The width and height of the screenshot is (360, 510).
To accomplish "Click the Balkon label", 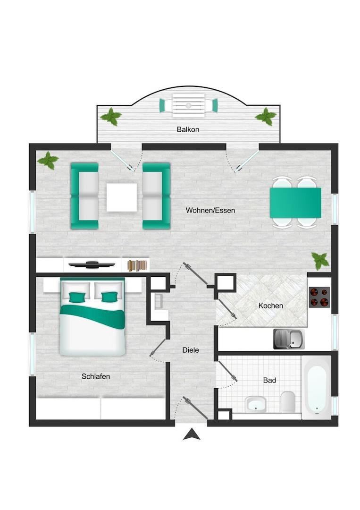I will [x=188, y=129].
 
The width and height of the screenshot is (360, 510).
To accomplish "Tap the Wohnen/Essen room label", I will [x=210, y=210].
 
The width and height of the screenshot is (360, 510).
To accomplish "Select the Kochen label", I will [x=271, y=306].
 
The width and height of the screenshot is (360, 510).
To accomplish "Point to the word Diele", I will [x=191, y=350].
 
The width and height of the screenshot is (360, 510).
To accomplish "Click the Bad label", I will [x=269, y=380].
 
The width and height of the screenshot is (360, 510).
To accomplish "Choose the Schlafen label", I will [x=96, y=376].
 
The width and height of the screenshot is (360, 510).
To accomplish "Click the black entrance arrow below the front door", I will [x=192, y=434].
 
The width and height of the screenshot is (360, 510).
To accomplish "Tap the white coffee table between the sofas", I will [x=122, y=197].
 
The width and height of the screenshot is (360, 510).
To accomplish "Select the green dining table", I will [x=295, y=203].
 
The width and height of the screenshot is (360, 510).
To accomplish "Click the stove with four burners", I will [x=319, y=297].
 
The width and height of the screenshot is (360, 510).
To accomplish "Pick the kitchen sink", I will [x=289, y=339].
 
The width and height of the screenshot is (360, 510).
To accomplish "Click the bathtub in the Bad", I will [x=316, y=387].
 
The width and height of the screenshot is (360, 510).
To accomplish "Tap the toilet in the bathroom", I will [x=288, y=402].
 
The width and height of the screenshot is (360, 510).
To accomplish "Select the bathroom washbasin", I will [x=256, y=404].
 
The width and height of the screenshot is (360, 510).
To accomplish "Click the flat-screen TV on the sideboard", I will [x=92, y=264].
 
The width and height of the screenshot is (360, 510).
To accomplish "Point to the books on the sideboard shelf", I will [x=137, y=265].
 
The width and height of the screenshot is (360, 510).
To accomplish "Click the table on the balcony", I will [x=188, y=105].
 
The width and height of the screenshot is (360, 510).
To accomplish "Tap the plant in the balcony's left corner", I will [x=111, y=117].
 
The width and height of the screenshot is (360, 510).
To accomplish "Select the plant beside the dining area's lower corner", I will [x=320, y=260].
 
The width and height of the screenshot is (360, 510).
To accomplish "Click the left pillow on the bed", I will [x=77, y=297].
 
